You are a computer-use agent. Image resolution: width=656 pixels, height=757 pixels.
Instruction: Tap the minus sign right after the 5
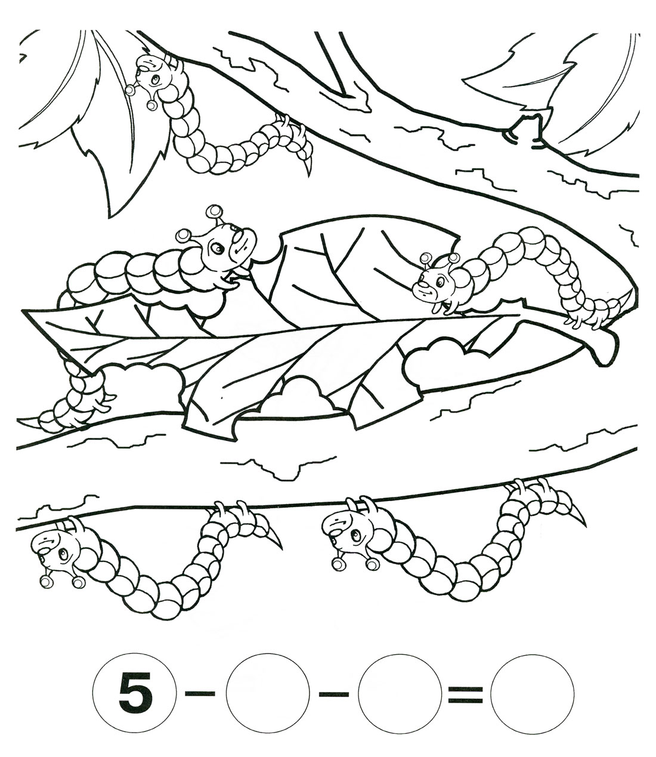coord(200,693)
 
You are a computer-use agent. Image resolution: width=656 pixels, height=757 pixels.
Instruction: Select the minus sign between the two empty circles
coord(333,693)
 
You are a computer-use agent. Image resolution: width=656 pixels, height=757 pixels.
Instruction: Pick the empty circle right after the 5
coord(267,693)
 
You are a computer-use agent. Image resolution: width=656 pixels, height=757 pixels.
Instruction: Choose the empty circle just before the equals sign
coord(400,693)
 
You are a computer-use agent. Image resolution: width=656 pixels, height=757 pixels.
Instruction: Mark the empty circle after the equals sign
coord(533,693)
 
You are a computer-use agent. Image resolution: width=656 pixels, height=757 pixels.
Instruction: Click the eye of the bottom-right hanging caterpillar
coord(355,536)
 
